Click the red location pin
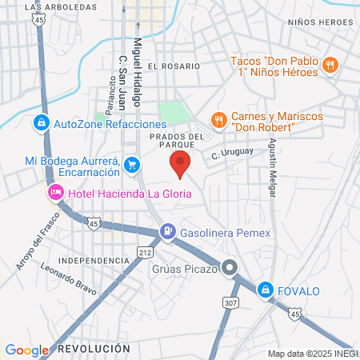180,164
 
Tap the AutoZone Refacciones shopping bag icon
40,123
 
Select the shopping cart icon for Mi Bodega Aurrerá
133,166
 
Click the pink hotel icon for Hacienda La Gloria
55,192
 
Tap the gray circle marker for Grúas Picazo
230,269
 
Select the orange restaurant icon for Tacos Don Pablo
329,66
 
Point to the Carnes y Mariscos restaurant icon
218,120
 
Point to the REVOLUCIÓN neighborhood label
94,349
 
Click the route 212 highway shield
146,253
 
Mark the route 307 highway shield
231,302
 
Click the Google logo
27,350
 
